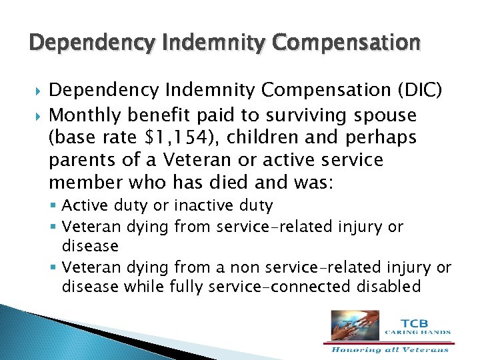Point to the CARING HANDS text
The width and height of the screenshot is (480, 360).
tap(417, 332)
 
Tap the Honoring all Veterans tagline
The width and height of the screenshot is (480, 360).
tap(391, 348)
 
